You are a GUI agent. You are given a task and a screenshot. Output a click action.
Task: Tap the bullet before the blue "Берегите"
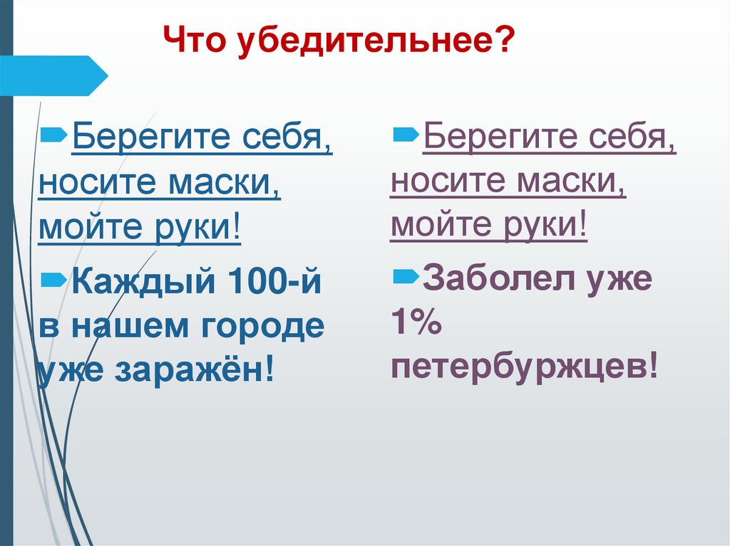point(54,132)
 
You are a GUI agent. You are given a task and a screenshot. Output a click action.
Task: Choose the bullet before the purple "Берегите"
point(405,131)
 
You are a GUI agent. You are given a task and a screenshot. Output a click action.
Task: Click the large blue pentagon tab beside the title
point(53,75)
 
